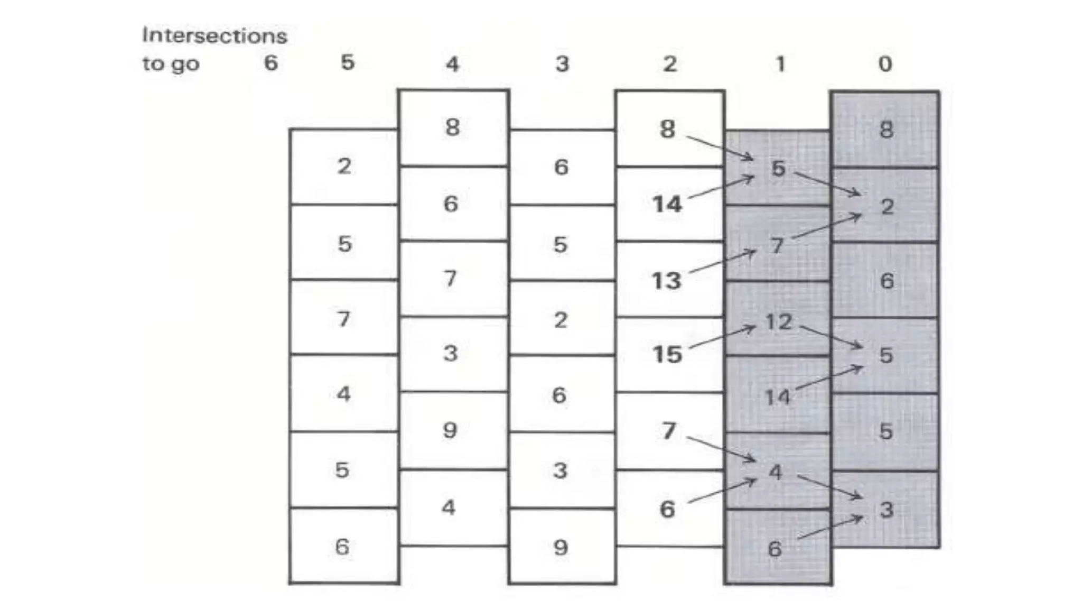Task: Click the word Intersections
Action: (214, 36)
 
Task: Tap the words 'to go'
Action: (170, 64)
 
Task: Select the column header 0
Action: (885, 64)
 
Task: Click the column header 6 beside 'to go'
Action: (270, 63)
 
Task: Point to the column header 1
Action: (780, 64)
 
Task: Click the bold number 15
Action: (667, 354)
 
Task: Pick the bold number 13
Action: (667, 280)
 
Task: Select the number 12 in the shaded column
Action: (778, 321)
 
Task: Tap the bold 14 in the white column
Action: (667, 204)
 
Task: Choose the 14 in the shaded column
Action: (777, 397)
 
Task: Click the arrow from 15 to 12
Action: (722, 337)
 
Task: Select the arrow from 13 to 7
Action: (722, 262)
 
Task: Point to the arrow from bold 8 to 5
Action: (720, 147)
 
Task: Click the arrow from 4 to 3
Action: (830, 487)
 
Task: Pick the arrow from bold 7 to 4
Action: (721, 449)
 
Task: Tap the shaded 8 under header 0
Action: (886, 130)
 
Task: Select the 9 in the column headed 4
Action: (450, 430)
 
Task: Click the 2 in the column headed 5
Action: (344, 167)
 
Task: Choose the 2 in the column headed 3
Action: (561, 320)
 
